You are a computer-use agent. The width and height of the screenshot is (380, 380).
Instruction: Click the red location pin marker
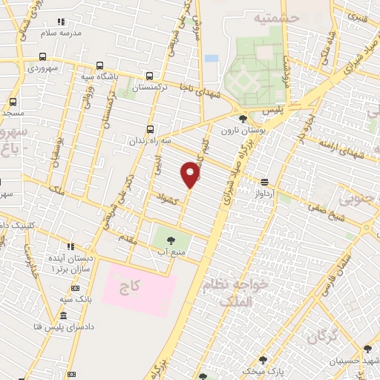pos(191,175)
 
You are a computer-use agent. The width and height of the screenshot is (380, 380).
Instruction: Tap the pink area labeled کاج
pos(140,287)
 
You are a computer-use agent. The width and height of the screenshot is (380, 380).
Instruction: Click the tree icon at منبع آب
pos(171,240)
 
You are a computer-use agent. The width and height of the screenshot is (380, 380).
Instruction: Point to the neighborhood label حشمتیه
pos(275,17)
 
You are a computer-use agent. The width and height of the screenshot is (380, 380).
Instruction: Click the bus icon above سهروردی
pos(43,56)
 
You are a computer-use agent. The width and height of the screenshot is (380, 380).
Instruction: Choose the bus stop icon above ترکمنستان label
pos(151,76)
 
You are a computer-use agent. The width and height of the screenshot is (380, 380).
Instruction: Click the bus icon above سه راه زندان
pos(151,129)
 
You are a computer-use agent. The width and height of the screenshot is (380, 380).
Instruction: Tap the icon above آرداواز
pos(263,182)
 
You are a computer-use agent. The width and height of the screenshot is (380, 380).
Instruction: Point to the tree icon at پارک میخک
pos(263,360)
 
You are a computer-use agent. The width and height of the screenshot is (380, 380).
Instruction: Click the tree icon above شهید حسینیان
pos(367,349)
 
